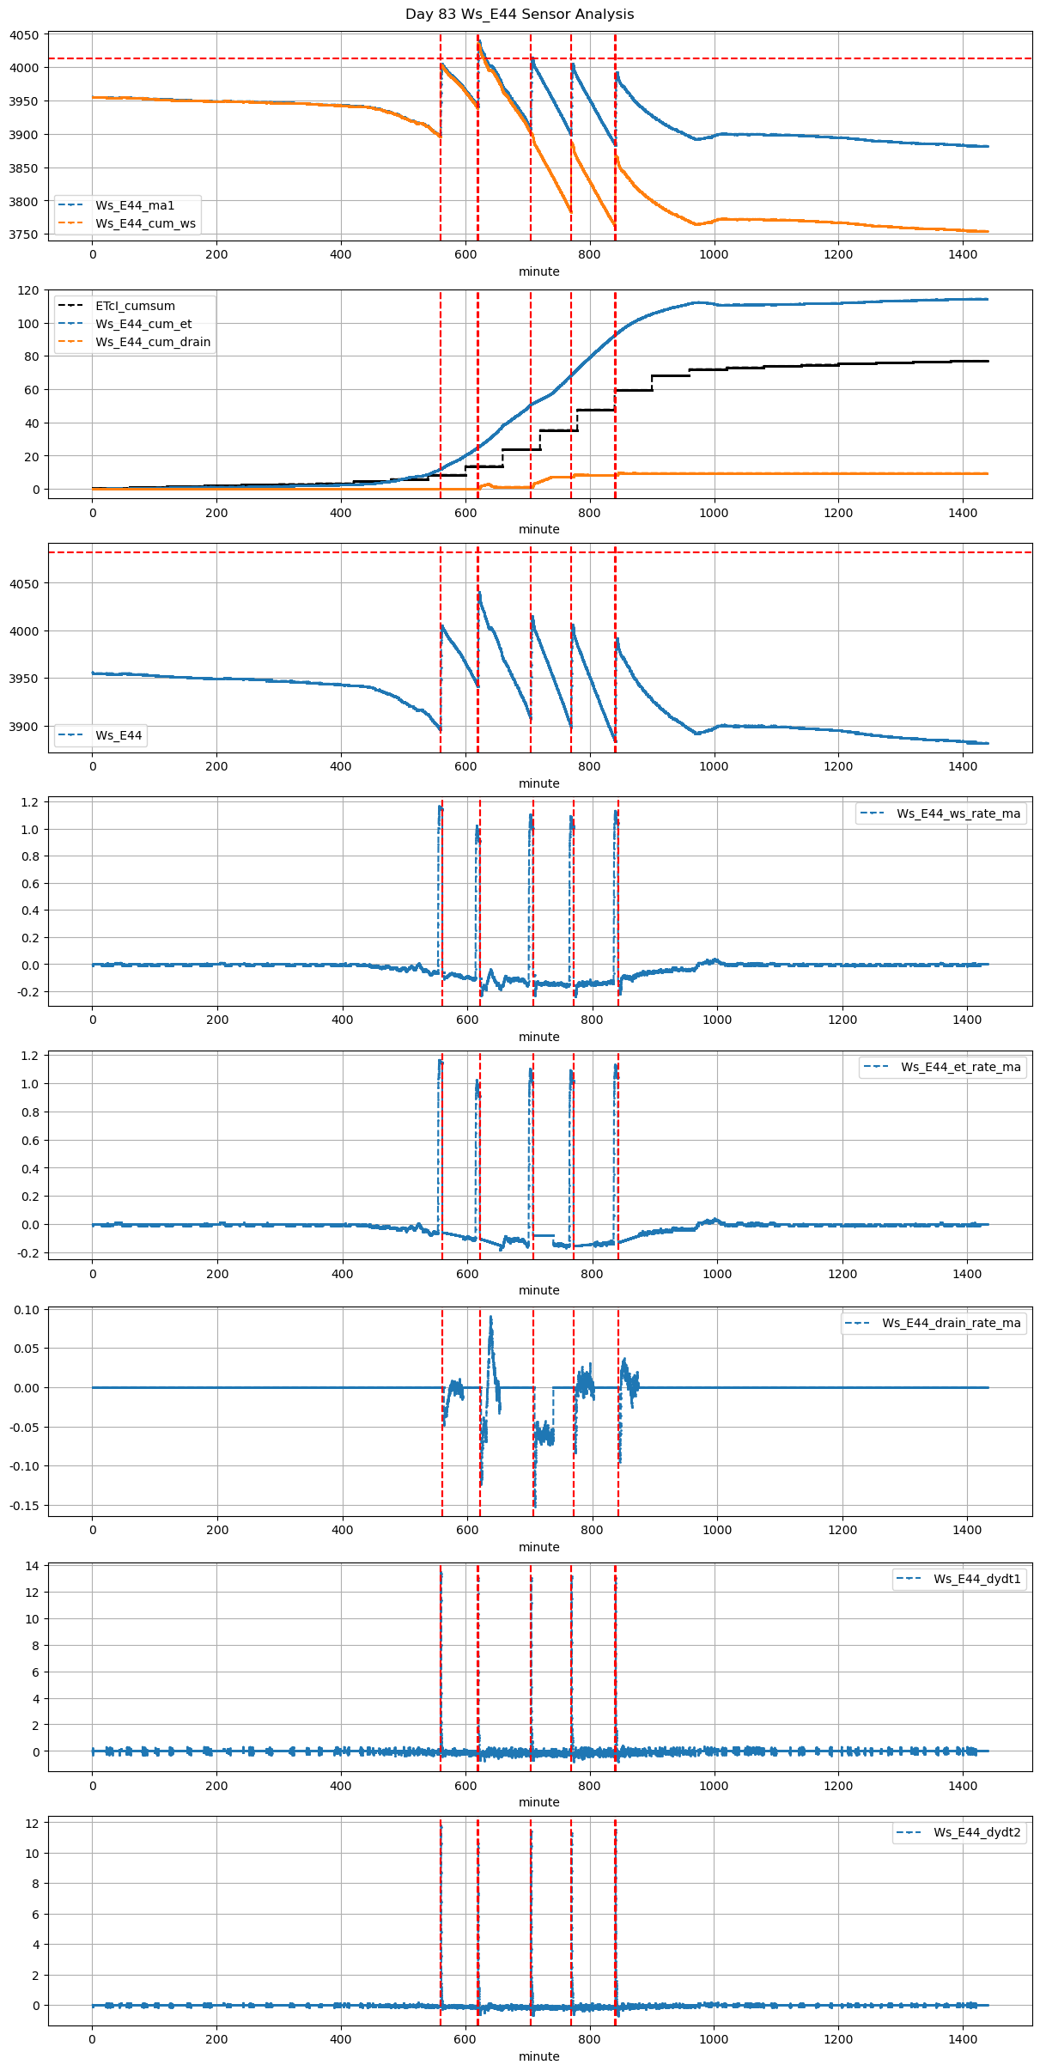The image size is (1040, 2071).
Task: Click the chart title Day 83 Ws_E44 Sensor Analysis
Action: tap(520, 15)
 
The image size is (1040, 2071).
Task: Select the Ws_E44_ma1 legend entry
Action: tap(135, 205)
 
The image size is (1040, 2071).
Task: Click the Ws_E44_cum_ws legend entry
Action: tap(145, 223)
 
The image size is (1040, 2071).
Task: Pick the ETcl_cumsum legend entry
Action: tap(135, 306)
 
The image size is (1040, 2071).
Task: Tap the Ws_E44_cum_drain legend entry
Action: tap(153, 342)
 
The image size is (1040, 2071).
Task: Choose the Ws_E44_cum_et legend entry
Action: tap(143, 324)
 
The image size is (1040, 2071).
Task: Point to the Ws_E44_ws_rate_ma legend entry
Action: tap(958, 813)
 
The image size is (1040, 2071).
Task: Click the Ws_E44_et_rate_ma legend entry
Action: tap(960, 1067)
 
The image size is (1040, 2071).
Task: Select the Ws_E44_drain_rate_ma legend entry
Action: tap(951, 1323)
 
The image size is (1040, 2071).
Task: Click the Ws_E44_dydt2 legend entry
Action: tap(977, 1832)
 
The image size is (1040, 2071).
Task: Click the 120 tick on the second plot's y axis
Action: tap(28, 290)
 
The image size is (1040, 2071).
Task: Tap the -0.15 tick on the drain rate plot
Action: tap(25, 1506)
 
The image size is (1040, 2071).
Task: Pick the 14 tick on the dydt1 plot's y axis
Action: tap(32, 1566)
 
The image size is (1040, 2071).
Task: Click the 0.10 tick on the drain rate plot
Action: tap(27, 1310)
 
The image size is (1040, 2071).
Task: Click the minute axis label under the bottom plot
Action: tap(538, 2056)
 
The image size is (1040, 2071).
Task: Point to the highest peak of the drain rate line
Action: tap(490, 1317)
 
